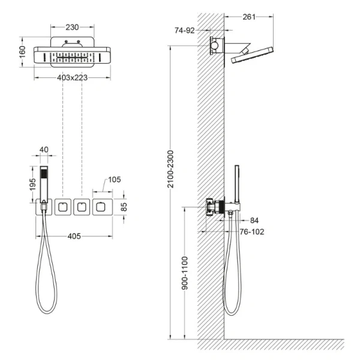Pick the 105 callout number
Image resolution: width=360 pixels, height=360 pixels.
click(115, 179)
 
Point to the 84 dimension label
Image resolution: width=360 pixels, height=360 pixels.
click(253, 220)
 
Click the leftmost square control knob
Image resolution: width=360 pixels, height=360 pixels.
click(62, 208)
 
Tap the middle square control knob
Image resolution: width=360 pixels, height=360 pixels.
click(80, 208)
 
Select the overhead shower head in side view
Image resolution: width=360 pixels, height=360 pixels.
click(251, 58)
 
